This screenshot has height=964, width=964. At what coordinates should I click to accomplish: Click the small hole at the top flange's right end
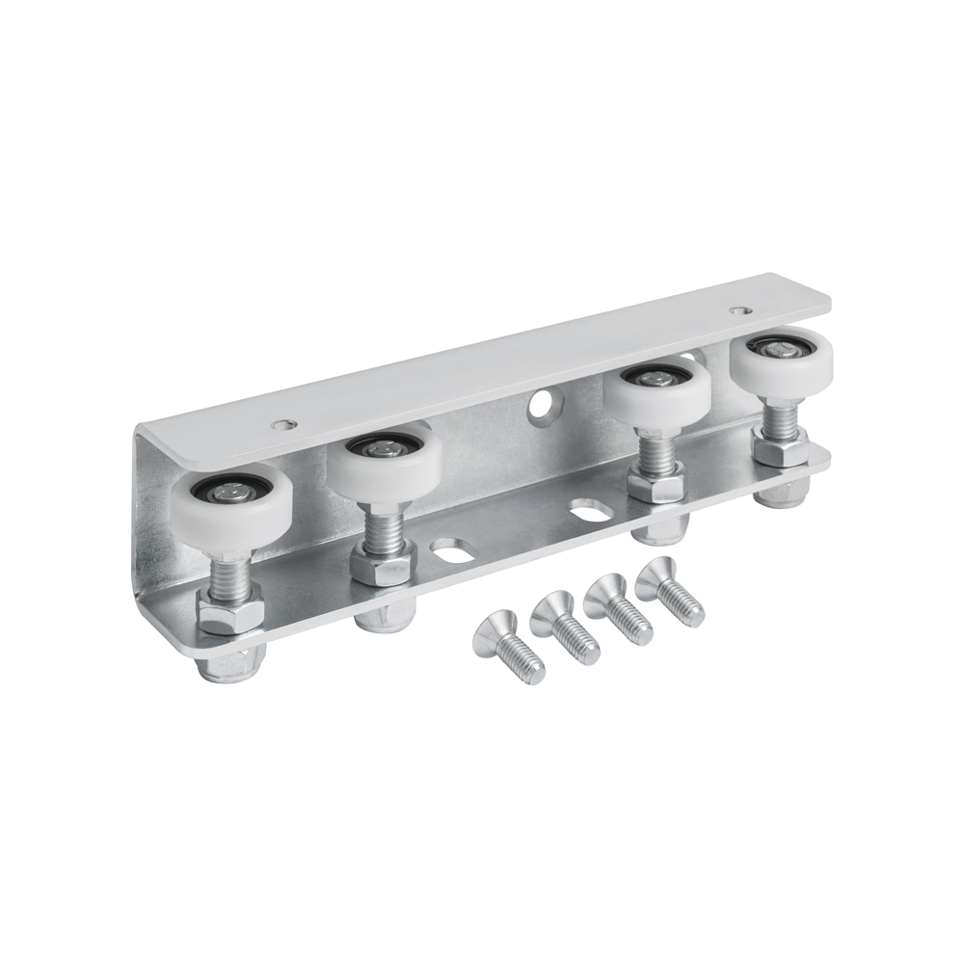click(x=738, y=311)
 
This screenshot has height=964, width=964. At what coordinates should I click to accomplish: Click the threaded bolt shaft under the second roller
click(x=385, y=524)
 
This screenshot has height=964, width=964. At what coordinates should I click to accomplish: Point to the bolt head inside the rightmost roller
click(x=779, y=349)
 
